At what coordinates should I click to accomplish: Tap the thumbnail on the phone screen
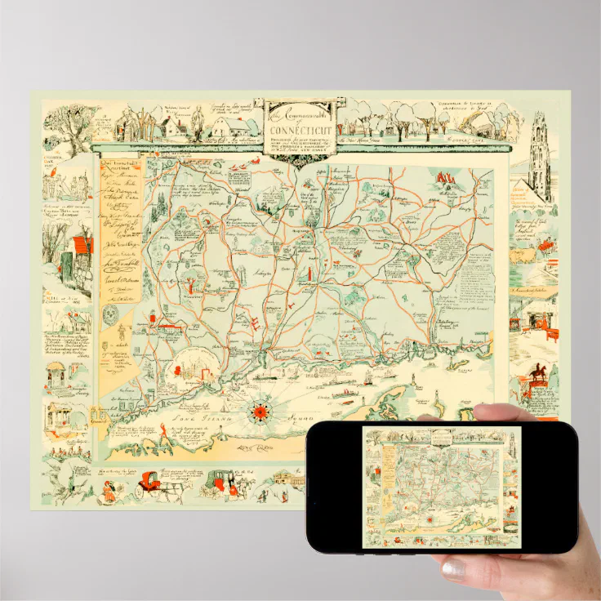pyautogui.click(x=441, y=485)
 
